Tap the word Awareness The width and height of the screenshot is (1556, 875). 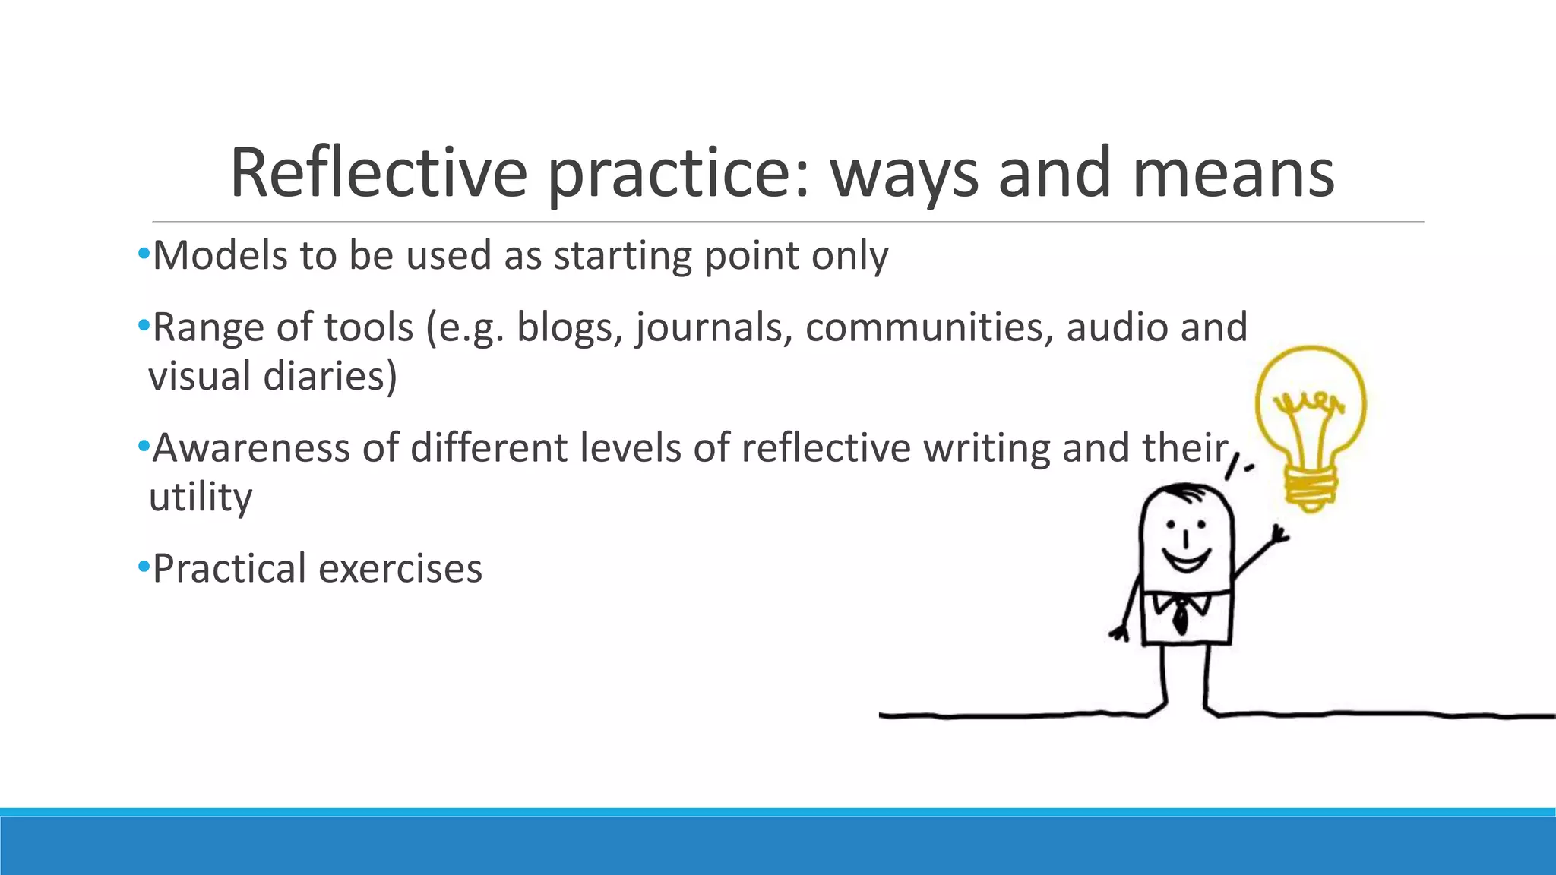click(x=251, y=448)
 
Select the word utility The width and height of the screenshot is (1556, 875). click(x=201, y=498)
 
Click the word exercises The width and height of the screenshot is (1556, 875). click(x=400, y=569)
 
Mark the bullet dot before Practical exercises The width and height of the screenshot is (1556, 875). click(x=144, y=567)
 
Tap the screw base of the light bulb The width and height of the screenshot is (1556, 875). click(x=1310, y=485)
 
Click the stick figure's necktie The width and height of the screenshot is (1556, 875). click(x=1180, y=615)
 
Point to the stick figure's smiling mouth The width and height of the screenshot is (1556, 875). click(x=1186, y=563)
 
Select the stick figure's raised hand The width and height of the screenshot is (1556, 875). click(x=1279, y=532)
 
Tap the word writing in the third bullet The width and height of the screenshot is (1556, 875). click(x=987, y=448)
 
